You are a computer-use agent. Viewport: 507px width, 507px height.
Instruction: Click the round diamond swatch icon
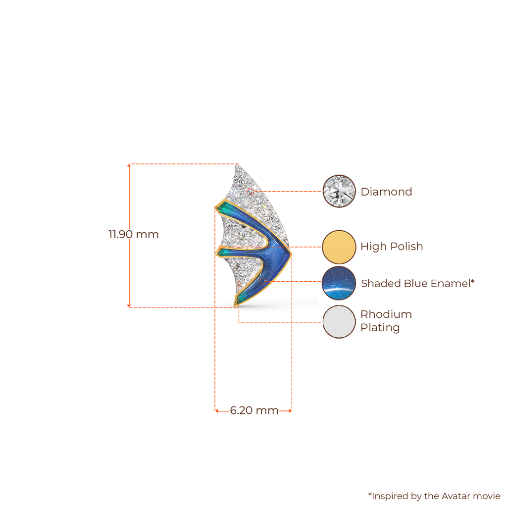pyautogui.click(x=339, y=191)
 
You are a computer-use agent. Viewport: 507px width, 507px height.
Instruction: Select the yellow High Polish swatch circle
pyautogui.click(x=339, y=246)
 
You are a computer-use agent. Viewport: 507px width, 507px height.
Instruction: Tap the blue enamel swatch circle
pyautogui.click(x=339, y=283)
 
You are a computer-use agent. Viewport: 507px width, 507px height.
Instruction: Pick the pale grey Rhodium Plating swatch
pyautogui.click(x=339, y=321)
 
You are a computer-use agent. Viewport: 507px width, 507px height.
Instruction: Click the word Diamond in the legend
pyautogui.click(x=386, y=192)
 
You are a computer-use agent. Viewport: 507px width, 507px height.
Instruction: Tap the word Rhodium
pyautogui.click(x=386, y=314)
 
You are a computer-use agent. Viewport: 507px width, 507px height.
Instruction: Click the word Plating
pyautogui.click(x=380, y=328)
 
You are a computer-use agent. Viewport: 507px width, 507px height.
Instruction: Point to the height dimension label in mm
pyautogui.click(x=134, y=234)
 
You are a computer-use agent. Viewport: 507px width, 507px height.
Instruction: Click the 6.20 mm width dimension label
pyautogui.click(x=254, y=410)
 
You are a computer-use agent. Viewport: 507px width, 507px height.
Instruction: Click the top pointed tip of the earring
pyautogui.click(x=239, y=165)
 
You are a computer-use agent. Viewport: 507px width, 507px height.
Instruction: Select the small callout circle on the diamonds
pyautogui.click(x=251, y=191)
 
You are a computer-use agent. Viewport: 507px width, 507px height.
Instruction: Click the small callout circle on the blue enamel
pyautogui.click(x=262, y=281)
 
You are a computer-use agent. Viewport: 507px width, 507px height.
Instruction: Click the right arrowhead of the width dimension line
pyautogui.click(x=292, y=410)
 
